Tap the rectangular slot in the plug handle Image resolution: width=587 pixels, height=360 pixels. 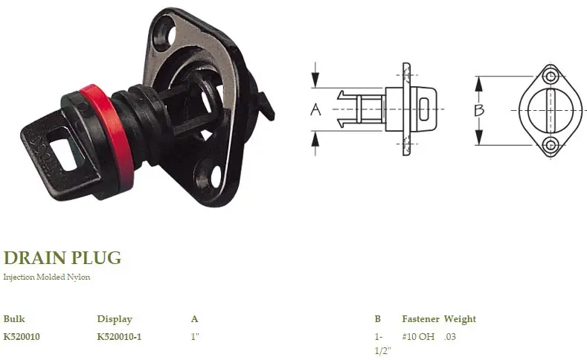click(x=64, y=150)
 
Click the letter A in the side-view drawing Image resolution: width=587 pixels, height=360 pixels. click(x=315, y=109)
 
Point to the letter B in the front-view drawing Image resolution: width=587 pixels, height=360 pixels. click(x=479, y=110)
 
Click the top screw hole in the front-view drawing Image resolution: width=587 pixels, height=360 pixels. click(x=550, y=77)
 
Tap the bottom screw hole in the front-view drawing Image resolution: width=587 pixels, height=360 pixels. click(x=550, y=144)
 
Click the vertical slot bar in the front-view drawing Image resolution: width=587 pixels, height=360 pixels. click(x=551, y=110)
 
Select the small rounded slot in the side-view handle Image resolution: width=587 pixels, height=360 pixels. click(x=424, y=109)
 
